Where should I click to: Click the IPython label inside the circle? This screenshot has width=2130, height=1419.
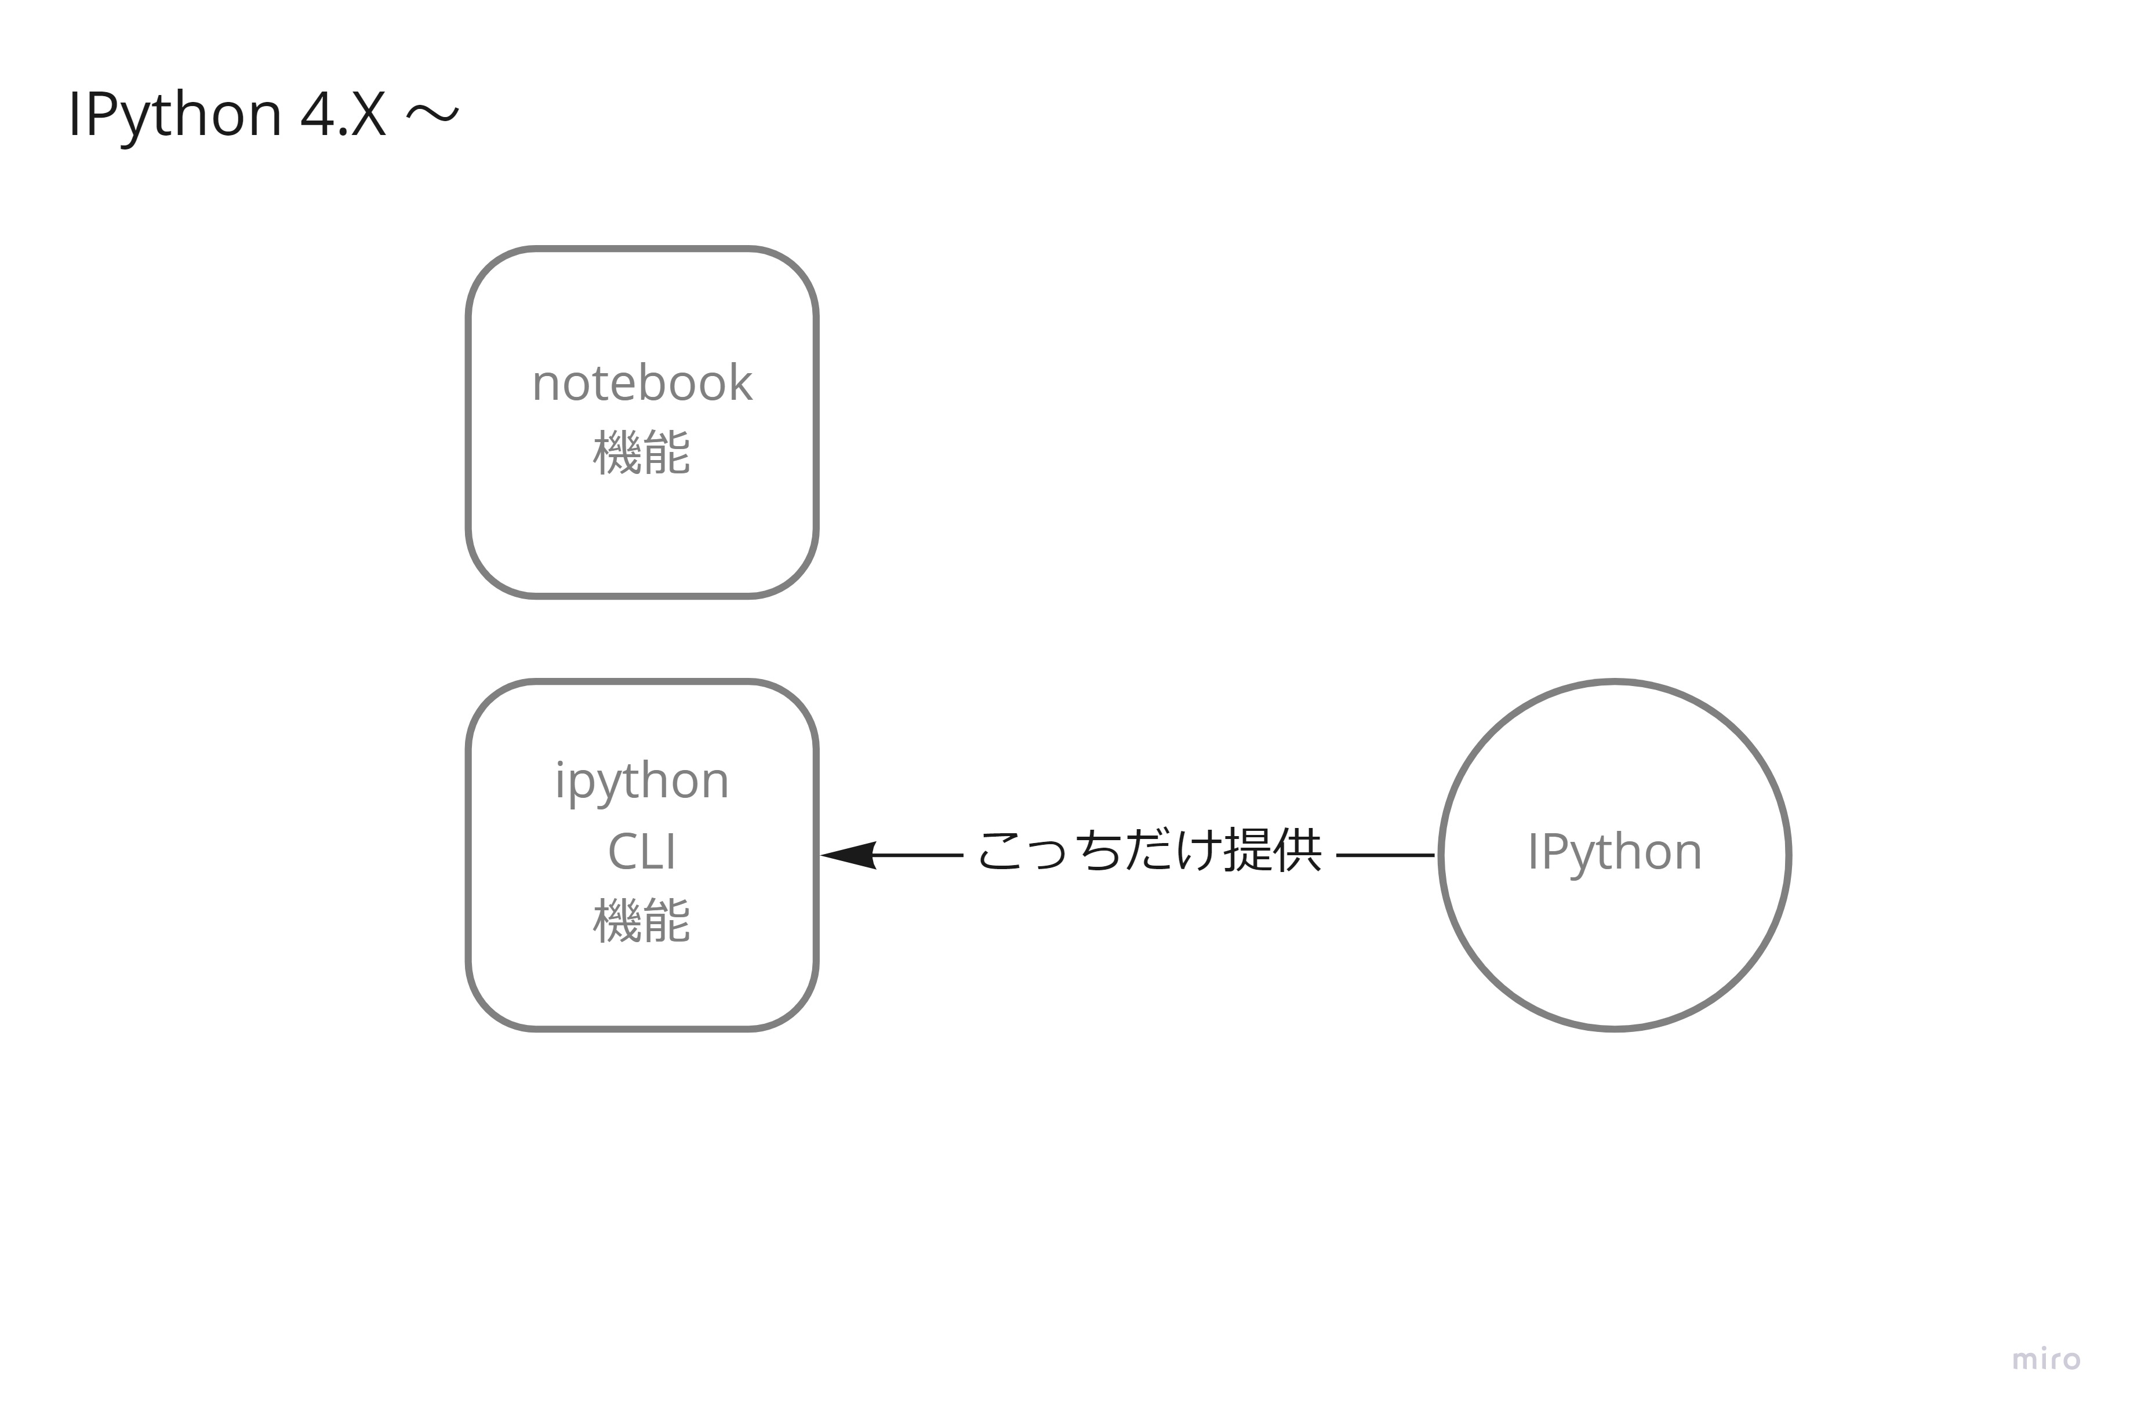pyautogui.click(x=1614, y=852)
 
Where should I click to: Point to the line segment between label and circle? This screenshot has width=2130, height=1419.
pyautogui.click(x=1385, y=854)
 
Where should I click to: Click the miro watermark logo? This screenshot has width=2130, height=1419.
pyautogui.click(x=2046, y=1359)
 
